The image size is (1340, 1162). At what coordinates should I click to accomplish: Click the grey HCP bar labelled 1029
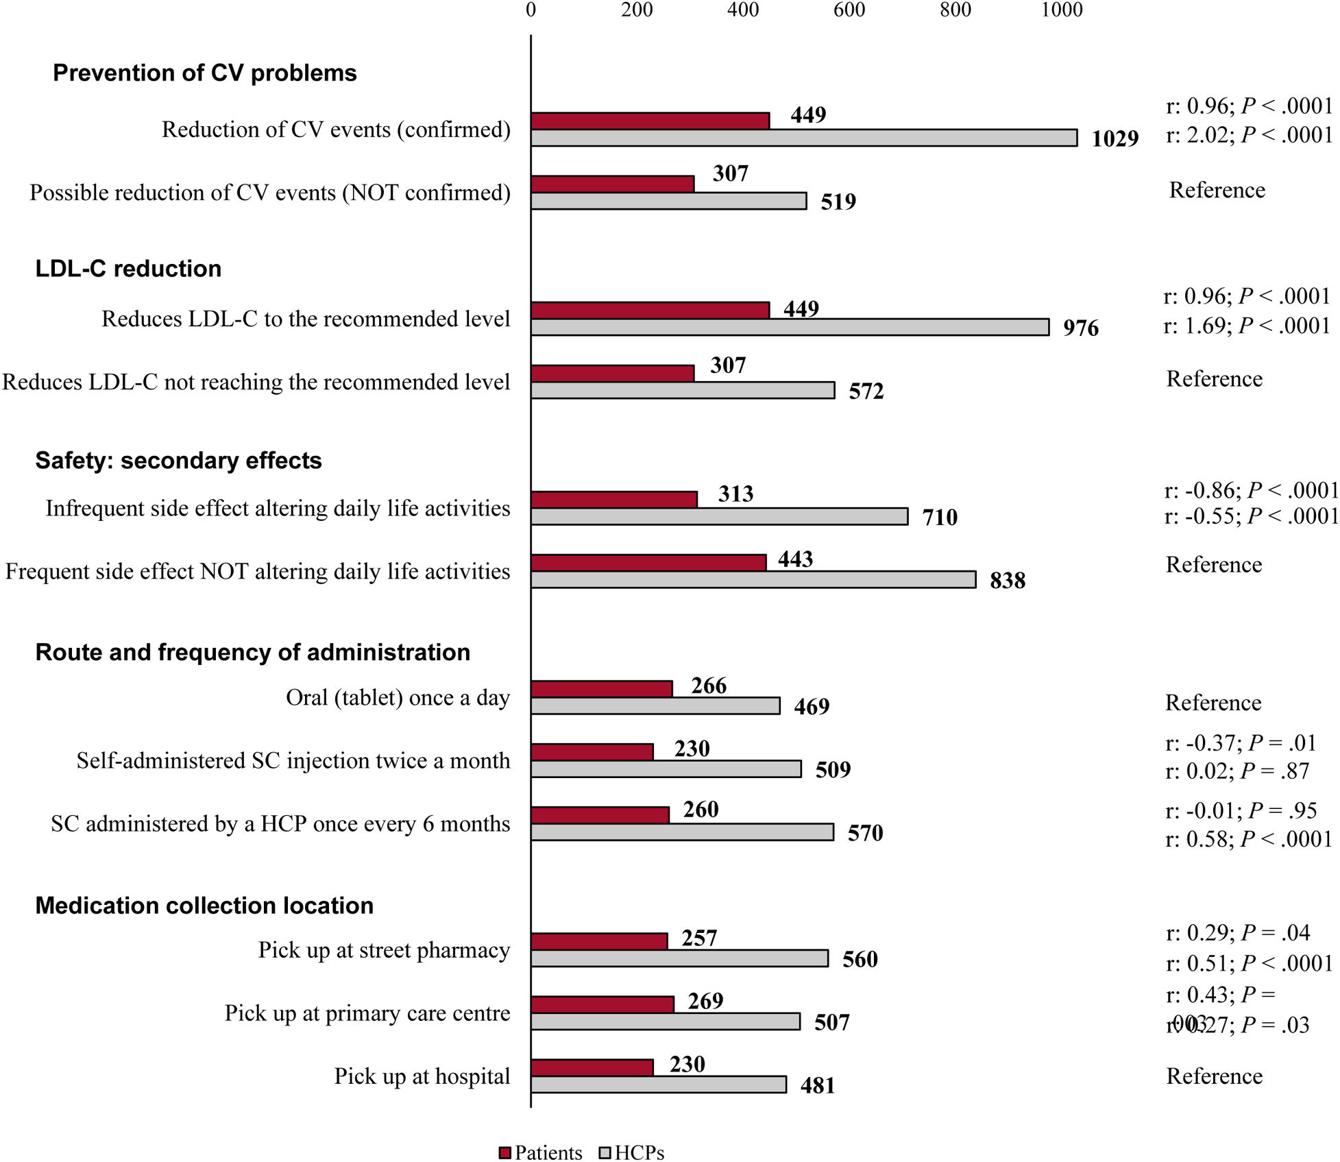803,138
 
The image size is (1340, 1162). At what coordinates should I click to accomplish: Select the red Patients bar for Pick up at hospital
592,1067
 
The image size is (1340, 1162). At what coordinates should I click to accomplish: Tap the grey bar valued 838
753,579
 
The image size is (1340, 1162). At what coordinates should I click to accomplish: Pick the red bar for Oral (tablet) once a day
601,689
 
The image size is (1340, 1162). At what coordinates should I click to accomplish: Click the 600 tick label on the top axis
849,10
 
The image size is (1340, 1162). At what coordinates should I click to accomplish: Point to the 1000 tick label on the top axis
1062,10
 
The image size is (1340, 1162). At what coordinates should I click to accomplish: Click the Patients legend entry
541,1152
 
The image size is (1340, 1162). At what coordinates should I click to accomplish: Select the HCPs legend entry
631,1152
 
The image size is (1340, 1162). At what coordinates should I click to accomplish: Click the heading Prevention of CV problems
205,73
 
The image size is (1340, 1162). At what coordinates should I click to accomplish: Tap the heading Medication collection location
204,906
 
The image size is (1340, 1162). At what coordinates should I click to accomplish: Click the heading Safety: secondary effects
178,460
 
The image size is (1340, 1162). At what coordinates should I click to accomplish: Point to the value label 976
1080,328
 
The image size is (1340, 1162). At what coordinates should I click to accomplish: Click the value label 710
939,517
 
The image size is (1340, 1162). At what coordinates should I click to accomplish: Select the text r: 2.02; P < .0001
1249,135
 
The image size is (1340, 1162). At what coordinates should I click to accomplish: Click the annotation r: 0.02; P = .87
1237,771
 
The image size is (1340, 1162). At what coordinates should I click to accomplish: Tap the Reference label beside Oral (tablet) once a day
1213,703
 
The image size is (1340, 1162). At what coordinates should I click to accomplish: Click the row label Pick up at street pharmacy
384,950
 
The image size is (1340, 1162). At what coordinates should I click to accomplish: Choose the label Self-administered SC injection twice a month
293,761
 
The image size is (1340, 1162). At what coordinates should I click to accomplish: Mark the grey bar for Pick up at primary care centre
665,1021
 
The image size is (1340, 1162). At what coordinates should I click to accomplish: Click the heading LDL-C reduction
128,269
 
